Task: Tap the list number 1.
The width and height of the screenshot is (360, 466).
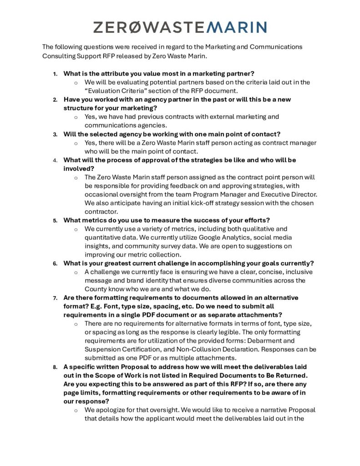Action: (55, 74)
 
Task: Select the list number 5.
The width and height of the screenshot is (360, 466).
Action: (55, 221)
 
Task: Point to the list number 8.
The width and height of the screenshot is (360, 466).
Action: (55, 367)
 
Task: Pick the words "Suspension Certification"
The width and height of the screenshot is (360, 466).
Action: (122, 349)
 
